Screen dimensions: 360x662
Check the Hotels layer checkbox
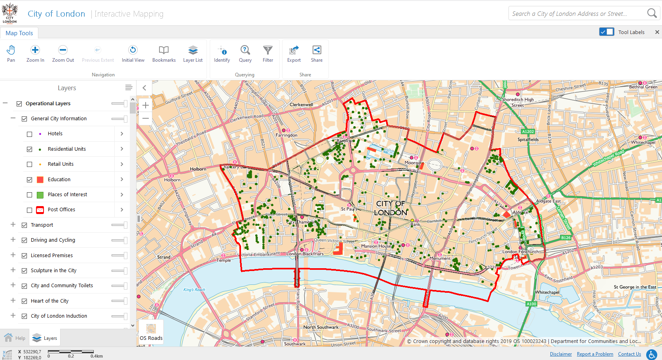coord(30,134)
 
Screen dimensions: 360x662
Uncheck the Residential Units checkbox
coord(30,149)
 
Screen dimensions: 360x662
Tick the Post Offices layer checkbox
coord(30,210)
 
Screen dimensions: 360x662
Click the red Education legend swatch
coord(40,180)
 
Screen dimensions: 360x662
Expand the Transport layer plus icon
coord(13,225)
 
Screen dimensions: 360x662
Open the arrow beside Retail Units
coord(122,164)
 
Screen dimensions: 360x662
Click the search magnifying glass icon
coord(651,13)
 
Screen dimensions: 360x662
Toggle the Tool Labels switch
coord(607,32)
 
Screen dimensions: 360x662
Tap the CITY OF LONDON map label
coord(391,208)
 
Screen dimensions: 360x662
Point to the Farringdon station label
coord(286,135)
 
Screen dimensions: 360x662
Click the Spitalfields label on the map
coord(528,140)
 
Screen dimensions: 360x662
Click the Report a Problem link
coord(595,354)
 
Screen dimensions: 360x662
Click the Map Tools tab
coord(19,33)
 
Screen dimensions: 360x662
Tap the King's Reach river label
coord(194,290)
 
